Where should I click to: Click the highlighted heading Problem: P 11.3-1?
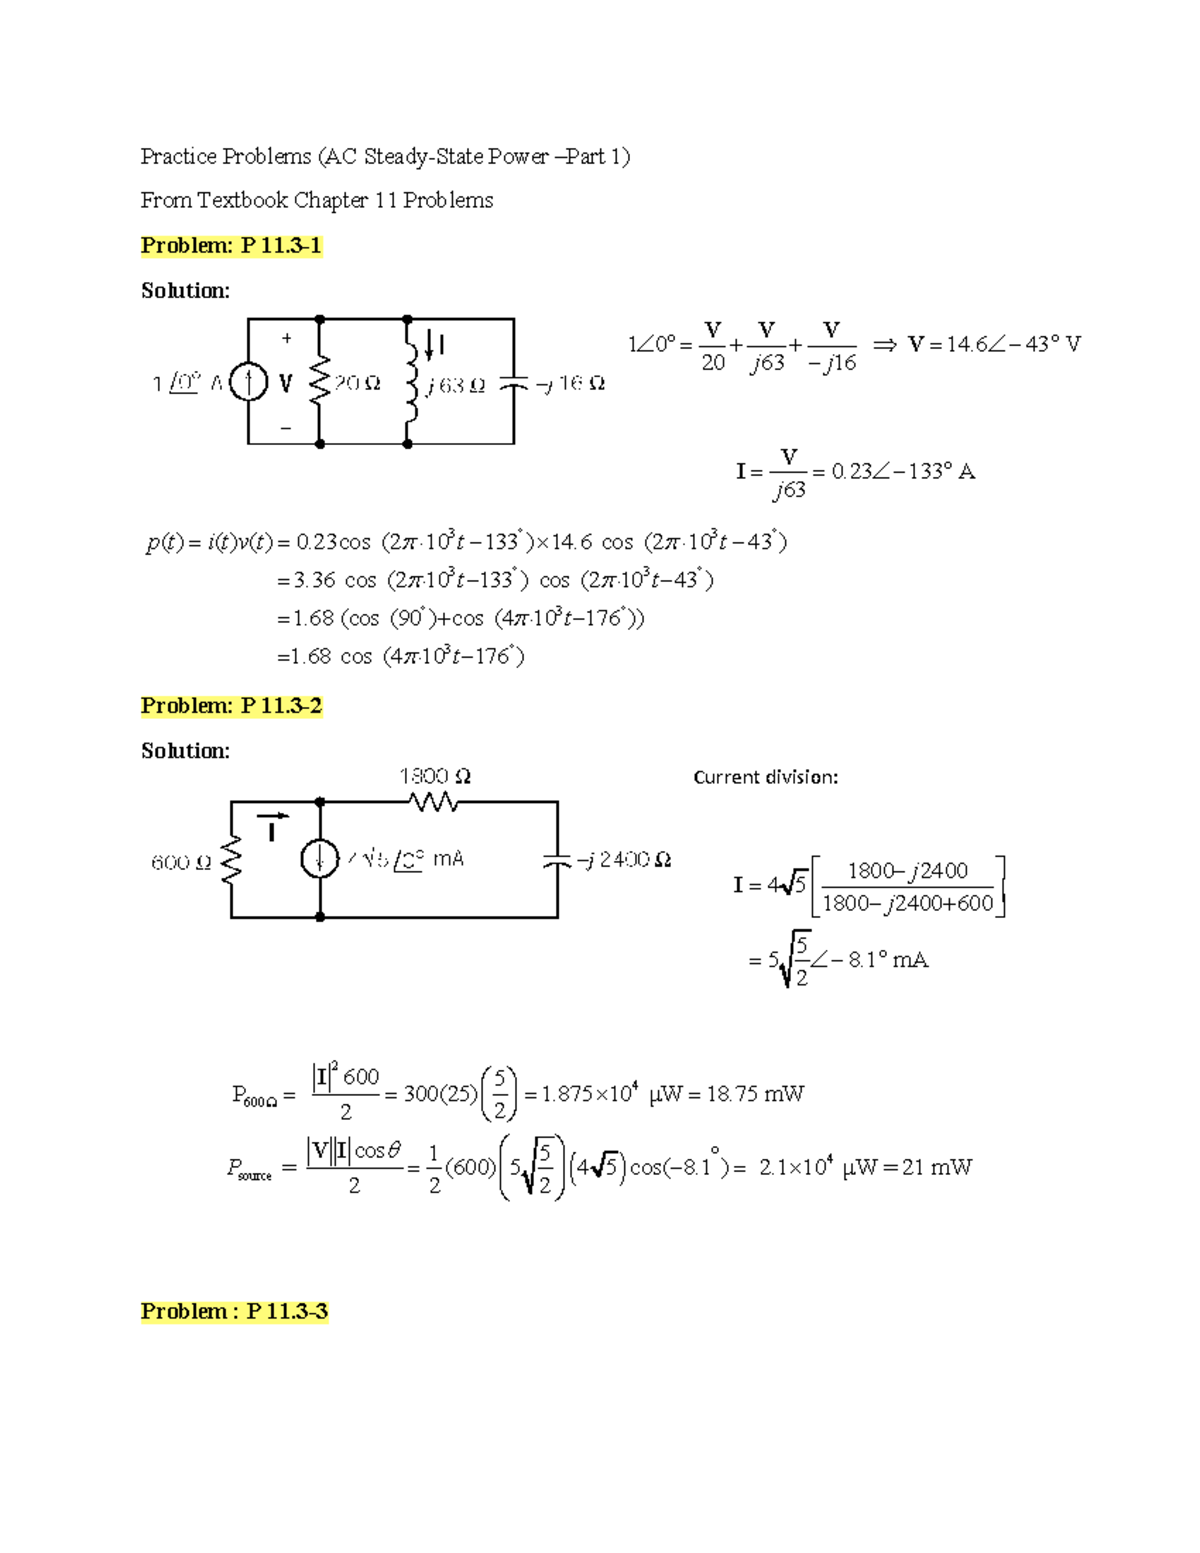(x=231, y=246)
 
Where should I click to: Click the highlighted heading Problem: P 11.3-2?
(x=231, y=706)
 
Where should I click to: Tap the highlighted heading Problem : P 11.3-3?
(x=234, y=1311)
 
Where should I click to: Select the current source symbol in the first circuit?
(x=248, y=382)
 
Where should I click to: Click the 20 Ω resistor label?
(x=357, y=383)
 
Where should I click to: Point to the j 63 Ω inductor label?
(x=455, y=385)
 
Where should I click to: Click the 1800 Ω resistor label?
(x=435, y=776)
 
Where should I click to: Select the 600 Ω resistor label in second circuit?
(x=181, y=862)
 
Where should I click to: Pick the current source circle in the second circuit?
(x=320, y=859)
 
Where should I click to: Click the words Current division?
(x=765, y=777)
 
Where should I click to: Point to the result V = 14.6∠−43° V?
(x=994, y=345)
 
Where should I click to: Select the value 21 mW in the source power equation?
(x=936, y=1167)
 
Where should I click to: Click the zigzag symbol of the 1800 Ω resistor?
(x=434, y=801)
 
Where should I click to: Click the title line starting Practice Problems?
(x=385, y=157)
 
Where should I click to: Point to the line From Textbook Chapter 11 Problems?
(x=317, y=201)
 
